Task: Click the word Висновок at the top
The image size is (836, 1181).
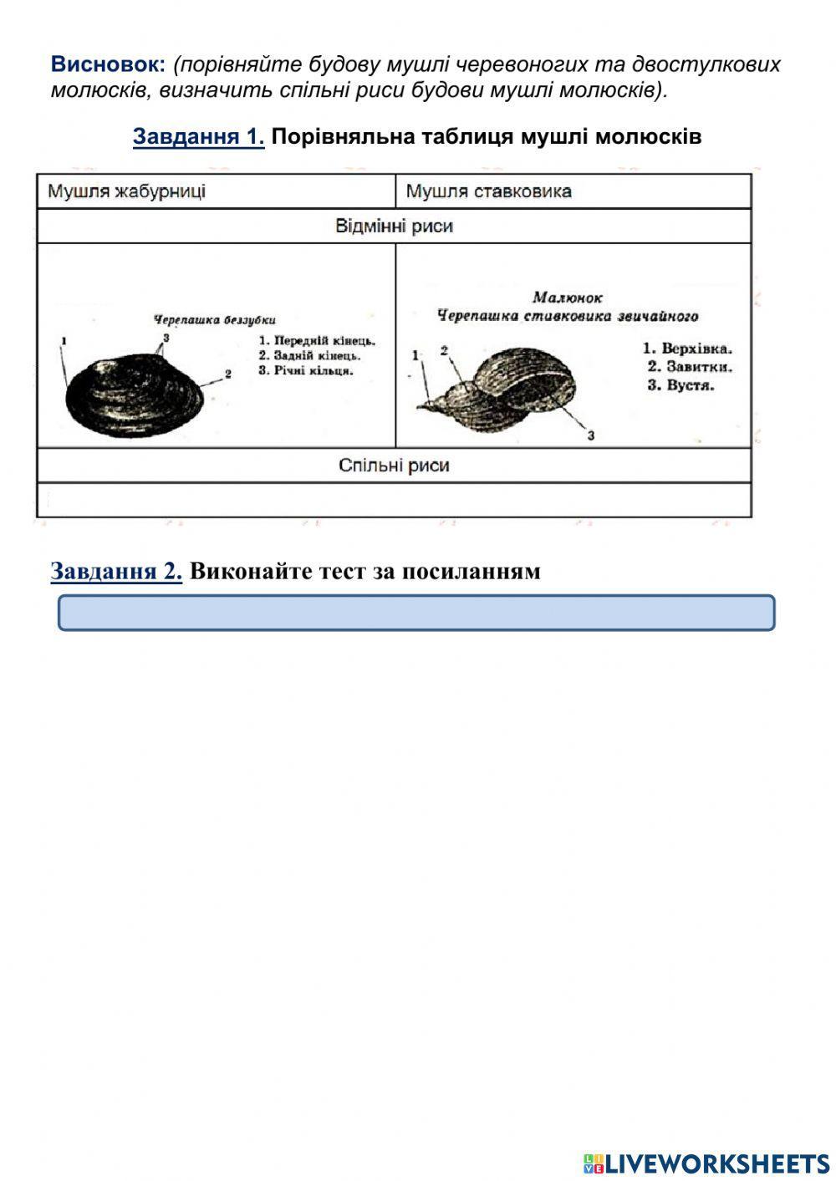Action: (109, 64)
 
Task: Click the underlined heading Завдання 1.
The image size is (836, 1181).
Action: (198, 136)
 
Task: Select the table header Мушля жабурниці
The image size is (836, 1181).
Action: (126, 191)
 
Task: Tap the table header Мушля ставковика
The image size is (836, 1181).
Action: (488, 191)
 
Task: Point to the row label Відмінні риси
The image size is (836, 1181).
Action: (394, 227)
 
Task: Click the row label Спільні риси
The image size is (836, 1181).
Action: (394, 466)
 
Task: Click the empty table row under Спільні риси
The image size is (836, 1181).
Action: (394, 500)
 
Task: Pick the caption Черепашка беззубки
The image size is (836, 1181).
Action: (214, 319)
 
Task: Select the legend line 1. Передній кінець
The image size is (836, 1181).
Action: (317, 341)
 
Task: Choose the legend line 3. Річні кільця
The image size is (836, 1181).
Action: (305, 370)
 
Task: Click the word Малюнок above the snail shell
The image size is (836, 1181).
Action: (568, 298)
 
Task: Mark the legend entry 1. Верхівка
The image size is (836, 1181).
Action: (687, 349)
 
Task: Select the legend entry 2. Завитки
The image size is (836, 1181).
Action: (690, 367)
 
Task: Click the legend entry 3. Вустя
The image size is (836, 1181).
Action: (681, 385)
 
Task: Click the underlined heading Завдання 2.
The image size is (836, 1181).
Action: (116, 571)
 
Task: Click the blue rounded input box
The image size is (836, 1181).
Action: (416, 613)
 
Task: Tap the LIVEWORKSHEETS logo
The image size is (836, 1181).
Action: (706, 1163)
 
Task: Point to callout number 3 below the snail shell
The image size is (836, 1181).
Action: (590, 435)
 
